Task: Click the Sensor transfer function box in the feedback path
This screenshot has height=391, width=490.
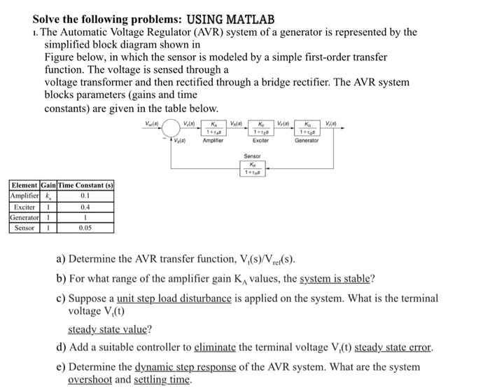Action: point(252,168)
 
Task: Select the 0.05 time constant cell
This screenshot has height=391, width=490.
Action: point(85,228)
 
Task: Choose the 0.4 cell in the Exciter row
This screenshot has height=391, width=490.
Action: point(85,207)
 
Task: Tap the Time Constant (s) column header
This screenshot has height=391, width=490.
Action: point(85,186)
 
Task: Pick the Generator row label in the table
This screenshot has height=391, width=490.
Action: point(24,218)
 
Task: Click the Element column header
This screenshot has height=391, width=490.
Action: point(24,186)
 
